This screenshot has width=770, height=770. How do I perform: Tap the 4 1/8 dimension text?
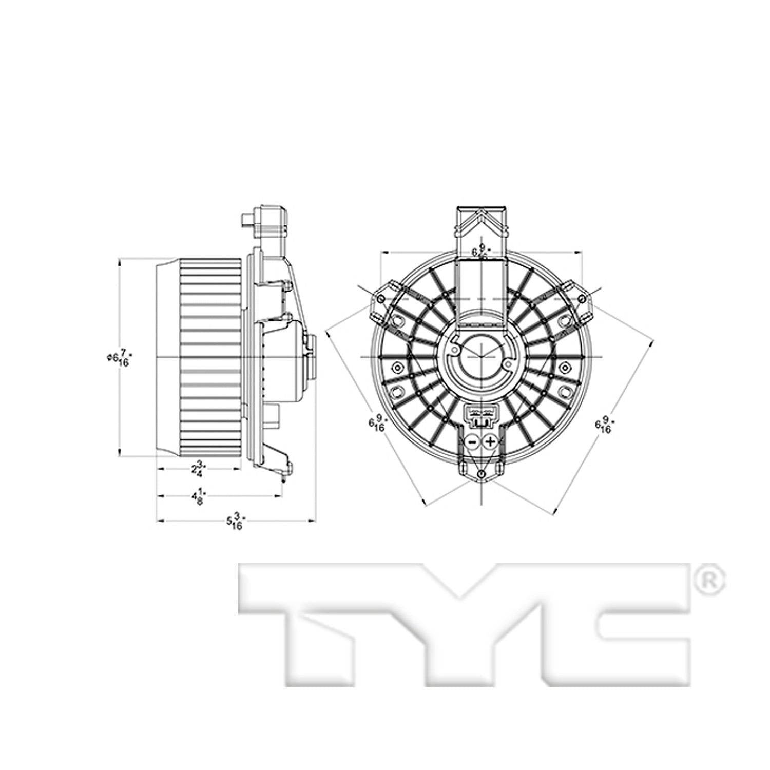point(199,496)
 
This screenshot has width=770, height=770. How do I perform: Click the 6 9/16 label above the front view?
point(481,252)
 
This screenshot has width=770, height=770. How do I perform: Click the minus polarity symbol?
point(473,442)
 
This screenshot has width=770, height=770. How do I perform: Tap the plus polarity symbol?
point(490,442)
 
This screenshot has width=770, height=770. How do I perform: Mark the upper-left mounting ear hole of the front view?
point(380,299)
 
